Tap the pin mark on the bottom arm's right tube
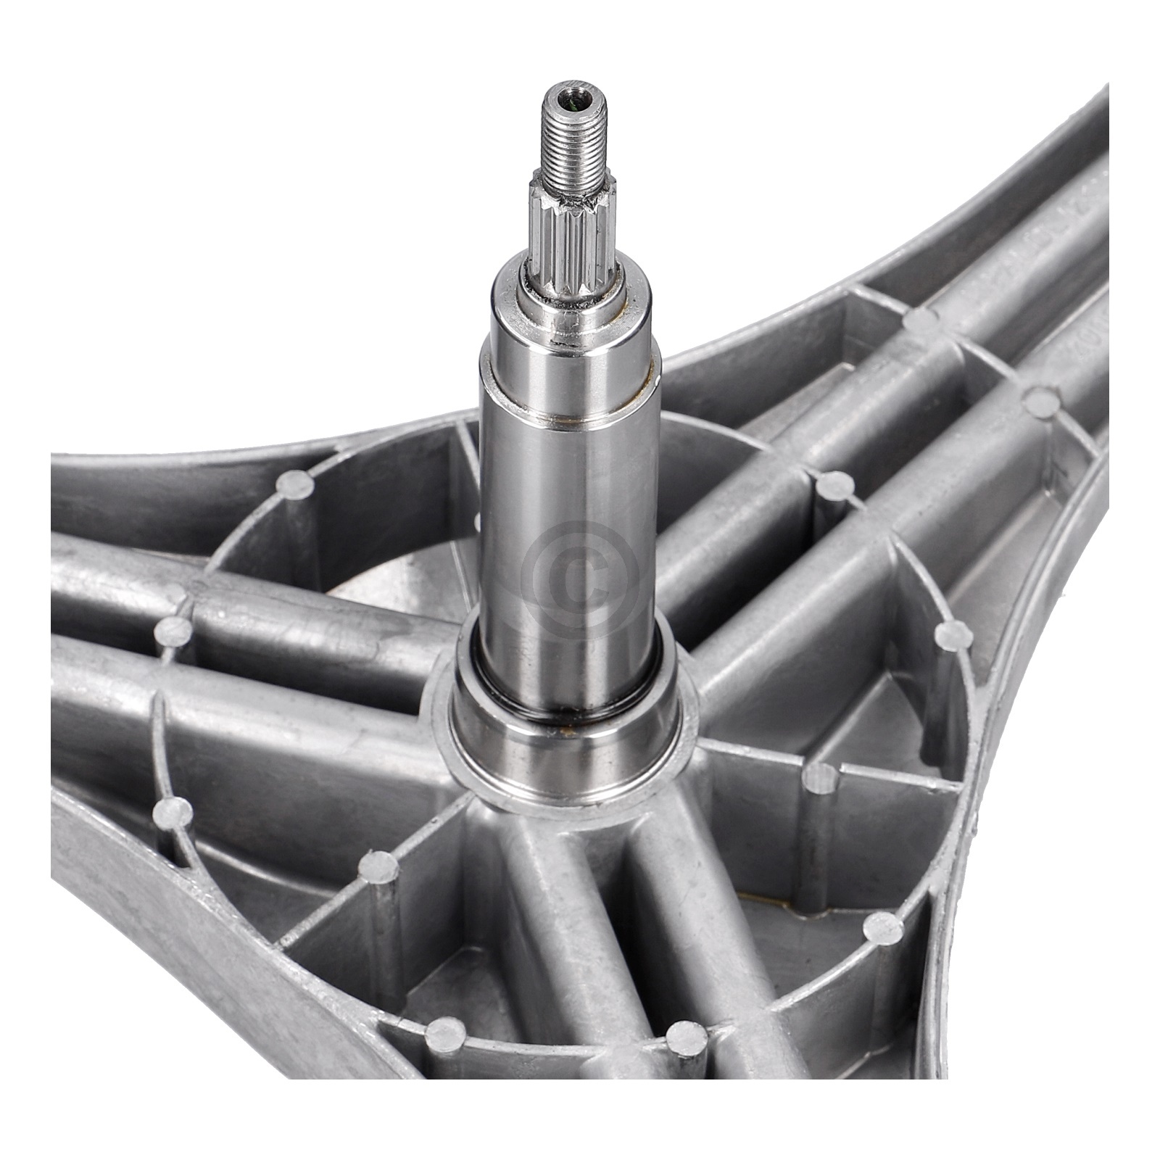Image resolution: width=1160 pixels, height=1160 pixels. (686, 1039)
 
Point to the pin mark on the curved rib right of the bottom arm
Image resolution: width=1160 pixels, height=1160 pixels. (884, 927)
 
